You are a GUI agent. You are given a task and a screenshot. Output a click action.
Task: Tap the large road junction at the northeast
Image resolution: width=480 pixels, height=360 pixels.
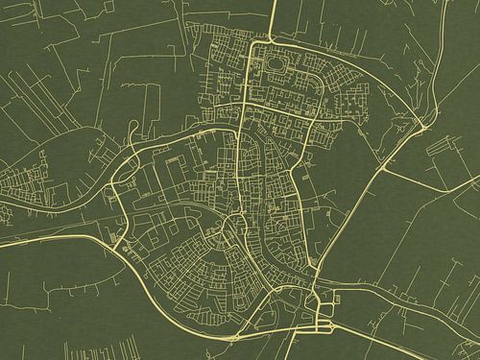[422, 125]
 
